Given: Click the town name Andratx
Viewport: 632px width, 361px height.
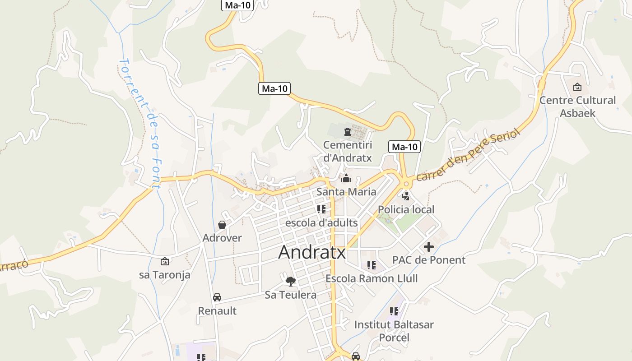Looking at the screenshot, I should coord(312,252).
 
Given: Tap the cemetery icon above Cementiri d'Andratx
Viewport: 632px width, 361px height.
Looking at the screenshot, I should coord(347,132).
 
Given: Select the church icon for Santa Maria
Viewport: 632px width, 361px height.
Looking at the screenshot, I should coord(346,179).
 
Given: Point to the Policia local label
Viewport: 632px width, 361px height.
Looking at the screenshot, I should coord(406,209).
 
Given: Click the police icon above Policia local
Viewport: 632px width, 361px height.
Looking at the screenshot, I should coord(406,196).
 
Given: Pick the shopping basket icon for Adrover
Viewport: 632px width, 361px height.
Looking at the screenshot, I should coord(222,224).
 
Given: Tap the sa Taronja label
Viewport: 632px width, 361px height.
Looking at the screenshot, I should coord(165,274).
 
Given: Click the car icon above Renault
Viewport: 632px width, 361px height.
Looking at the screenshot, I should coord(217,297).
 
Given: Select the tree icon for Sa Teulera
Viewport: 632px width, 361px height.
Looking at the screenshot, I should coord(291,282).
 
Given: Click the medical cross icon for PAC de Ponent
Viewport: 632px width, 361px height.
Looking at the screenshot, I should coord(428,247).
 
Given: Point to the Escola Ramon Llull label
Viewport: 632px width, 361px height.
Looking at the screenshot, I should coord(372,278).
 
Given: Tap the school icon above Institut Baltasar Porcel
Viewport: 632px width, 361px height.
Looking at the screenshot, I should coord(394,311).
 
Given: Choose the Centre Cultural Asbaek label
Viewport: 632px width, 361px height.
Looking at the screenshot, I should coord(577,106).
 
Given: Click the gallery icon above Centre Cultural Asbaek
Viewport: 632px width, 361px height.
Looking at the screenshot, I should coord(577,87).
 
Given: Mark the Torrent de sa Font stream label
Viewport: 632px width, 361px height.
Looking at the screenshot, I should coord(140,123).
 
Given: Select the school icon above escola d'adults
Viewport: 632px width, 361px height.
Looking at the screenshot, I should coord(321,209).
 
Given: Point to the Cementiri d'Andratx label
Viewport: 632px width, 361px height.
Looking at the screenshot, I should coord(347,152).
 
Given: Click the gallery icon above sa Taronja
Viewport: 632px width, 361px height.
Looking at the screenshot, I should coord(165,261).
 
